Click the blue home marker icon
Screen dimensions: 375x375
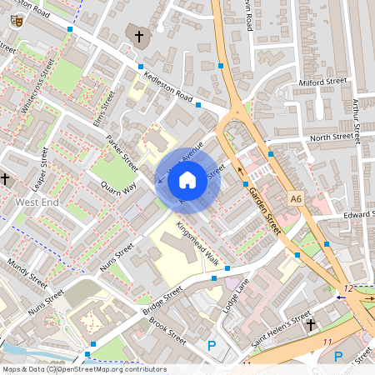click(x=187, y=178)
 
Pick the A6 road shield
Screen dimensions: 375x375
click(x=296, y=198)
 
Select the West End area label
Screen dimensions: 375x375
click(x=37, y=202)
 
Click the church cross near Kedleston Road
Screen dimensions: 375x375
click(x=139, y=36)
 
